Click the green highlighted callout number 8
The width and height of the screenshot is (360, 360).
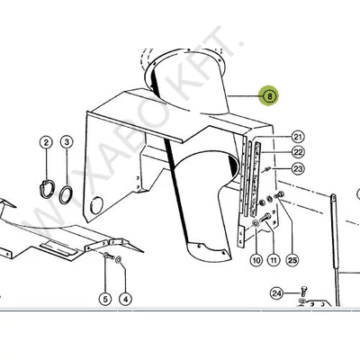click(269, 96)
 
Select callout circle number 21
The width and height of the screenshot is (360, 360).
click(298, 138)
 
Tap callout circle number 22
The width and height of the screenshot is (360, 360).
click(298, 152)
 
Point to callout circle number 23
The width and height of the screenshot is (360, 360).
click(298, 169)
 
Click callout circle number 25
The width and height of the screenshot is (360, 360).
click(292, 260)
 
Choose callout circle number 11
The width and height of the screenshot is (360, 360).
click(274, 260)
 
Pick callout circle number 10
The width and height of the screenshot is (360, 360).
click(256, 260)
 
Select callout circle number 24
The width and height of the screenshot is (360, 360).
click(276, 293)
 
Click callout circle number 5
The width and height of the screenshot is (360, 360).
click(105, 299)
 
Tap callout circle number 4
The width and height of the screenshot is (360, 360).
click(125, 299)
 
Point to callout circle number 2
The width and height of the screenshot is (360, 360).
click(46, 142)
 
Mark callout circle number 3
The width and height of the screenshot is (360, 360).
click(67, 142)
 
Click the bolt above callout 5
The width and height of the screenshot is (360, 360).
click(109, 256)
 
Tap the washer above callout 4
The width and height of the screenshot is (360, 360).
click(118, 259)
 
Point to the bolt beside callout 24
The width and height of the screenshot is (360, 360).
click(302, 291)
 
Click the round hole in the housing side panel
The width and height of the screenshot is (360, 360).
click(96, 205)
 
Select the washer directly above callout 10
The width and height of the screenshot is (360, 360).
click(256, 223)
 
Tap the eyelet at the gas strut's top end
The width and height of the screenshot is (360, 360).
click(333, 197)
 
